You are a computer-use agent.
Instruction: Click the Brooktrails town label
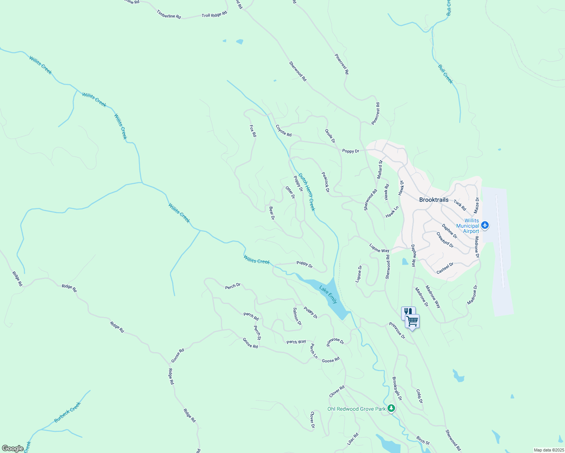coord(434,200)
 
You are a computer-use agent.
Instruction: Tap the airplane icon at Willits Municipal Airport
coord(485,226)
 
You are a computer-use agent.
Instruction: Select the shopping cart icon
coord(412,321)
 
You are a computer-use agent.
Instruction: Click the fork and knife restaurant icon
coord(408,312)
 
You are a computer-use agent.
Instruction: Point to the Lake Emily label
coord(328,295)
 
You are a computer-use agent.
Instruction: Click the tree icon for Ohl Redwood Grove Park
coord(392,408)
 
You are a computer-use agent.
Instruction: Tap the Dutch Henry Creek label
coord(306,192)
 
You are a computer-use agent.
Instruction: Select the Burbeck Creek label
coord(68,412)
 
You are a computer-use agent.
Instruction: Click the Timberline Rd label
coord(169,14)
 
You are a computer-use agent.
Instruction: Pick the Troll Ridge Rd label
coord(214,14)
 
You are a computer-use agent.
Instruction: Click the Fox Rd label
coord(253,131)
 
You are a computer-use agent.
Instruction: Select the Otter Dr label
coord(290,192)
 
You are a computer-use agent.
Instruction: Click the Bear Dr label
coord(272,213)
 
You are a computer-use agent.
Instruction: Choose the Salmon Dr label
coord(297,316)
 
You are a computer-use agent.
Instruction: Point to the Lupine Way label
coord(379,248)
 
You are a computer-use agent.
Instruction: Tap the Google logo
coord(12,448)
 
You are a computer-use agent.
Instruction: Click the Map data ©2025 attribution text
coord(548,450)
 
